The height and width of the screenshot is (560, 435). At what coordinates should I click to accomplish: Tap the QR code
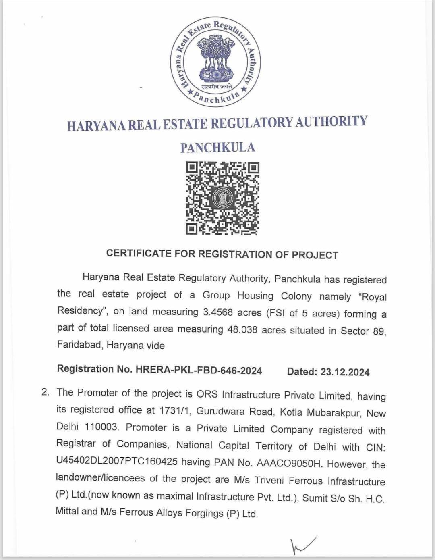pos(222,198)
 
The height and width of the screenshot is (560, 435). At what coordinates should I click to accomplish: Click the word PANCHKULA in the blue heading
pos(217,148)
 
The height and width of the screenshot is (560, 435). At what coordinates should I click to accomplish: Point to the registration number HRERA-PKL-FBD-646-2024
pos(199,371)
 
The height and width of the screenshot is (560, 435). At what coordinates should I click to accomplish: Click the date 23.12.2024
pos(345,372)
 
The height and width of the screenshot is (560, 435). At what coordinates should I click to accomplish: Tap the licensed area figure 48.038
pos(242,329)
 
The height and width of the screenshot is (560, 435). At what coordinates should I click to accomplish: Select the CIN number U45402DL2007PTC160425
pos(117,461)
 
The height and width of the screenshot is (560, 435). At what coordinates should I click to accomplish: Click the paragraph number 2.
pos(46,392)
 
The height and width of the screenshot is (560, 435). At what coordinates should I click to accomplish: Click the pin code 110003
pos(101,427)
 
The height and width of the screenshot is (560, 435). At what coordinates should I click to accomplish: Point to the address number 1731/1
pos(173,411)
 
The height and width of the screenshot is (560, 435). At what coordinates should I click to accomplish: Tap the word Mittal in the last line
pos(67,511)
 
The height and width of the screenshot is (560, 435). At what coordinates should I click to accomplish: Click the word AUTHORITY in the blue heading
pos(331,121)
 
